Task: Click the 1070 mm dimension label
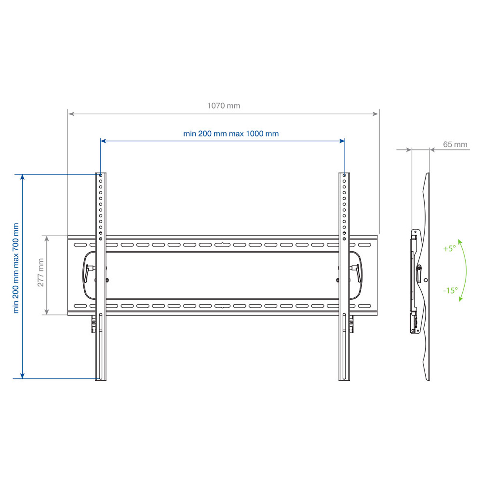point(224,106)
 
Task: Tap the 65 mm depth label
point(455,144)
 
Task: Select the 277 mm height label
point(40,273)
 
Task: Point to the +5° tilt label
point(449,248)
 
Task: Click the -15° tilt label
point(450,290)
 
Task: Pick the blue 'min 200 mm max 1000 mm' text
point(231,133)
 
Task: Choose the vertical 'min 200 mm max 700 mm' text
point(16,268)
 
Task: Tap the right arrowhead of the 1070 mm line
point(375,114)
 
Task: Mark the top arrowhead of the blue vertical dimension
point(22,177)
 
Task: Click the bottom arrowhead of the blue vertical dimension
point(22,376)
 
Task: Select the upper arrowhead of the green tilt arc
point(459,241)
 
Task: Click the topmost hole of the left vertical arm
point(100,175)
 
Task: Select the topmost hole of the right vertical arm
point(344,175)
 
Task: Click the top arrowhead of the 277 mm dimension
point(47,238)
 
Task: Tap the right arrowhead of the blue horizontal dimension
point(342,141)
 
